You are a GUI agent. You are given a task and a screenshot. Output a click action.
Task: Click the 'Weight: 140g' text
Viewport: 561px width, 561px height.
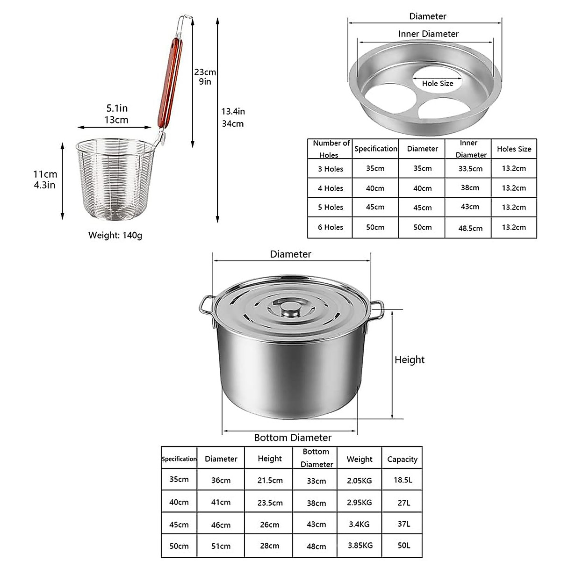(x=115, y=235)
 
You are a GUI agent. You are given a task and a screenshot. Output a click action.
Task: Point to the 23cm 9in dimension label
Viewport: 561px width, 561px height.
(x=205, y=77)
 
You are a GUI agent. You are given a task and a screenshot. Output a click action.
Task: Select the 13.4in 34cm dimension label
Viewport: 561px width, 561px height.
(x=233, y=117)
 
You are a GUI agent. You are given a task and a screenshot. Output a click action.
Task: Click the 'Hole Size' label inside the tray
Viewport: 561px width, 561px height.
(x=437, y=83)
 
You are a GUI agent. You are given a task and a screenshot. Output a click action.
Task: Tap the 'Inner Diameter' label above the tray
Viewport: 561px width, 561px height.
(x=428, y=34)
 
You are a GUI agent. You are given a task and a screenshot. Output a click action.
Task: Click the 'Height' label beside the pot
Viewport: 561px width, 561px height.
(x=410, y=360)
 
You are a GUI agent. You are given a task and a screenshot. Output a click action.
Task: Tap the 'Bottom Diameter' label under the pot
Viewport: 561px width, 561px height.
(x=293, y=438)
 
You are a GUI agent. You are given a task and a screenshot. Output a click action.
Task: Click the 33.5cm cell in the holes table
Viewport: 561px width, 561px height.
(x=470, y=169)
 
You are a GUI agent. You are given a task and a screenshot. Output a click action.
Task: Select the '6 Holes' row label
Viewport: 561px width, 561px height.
(x=331, y=227)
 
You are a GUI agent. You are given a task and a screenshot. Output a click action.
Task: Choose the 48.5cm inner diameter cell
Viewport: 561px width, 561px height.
(x=470, y=228)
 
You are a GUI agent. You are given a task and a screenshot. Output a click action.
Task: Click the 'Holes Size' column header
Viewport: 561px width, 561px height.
(x=514, y=149)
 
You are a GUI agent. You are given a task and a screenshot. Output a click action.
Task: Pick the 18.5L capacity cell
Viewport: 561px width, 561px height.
(x=403, y=480)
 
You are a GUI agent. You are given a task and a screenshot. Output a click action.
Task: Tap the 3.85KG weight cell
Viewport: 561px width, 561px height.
(x=360, y=546)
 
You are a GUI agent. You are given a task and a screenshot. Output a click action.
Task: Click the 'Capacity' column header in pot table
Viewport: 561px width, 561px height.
(x=402, y=459)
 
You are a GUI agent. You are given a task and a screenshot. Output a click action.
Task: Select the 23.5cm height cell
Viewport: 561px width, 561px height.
(x=270, y=503)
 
